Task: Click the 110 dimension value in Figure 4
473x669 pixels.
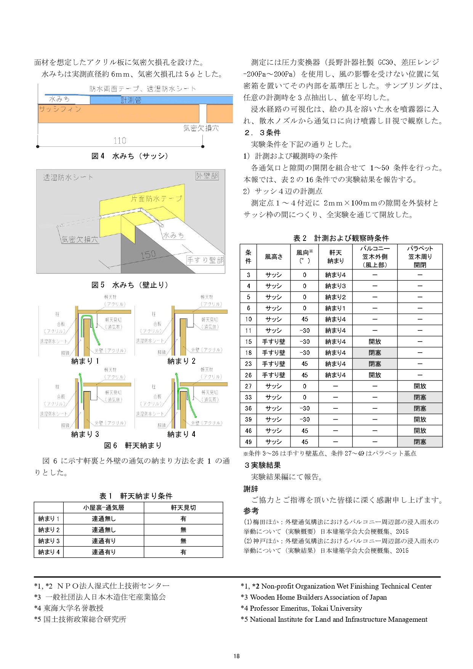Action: (x=120, y=141)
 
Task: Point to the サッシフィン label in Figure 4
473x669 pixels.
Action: (x=60, y=109)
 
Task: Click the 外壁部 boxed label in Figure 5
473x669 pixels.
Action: (x=207, y=176)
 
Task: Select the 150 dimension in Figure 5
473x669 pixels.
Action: (x=148, y=254)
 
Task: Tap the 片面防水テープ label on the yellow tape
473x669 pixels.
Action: (x=156, y=199)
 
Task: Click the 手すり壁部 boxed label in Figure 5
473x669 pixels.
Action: (x=205, y=260)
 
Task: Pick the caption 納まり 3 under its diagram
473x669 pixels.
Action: (x=85, y=434)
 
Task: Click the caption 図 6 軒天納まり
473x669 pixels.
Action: (x=133, y=445)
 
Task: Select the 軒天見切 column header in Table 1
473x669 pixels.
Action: (x=183, y=508)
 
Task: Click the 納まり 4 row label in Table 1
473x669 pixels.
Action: (x=49, y=552)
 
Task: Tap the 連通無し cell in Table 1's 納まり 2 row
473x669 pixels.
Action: (x=104, y=530)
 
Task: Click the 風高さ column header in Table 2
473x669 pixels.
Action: (x=274, y=257)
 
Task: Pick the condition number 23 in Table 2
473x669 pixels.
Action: (x=249, y=364)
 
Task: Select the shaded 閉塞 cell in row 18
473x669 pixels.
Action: (x=375, y=353)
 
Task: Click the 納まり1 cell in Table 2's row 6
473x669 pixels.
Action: (x=335, y=308)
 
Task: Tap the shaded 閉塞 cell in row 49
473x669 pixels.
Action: (x=420, y=442)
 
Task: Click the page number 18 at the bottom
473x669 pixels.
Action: (x=237, y=656)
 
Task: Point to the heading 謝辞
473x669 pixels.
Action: (x=251, y=489)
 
